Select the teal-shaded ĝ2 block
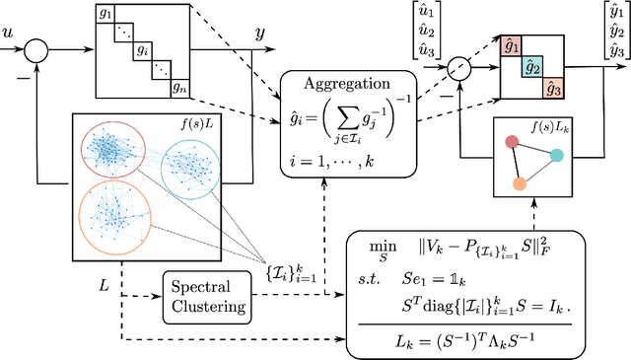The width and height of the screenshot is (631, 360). tap(533, 66)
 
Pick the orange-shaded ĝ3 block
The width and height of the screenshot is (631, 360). tap(556, 88)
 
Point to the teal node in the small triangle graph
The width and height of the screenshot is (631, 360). tap(557, 156)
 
